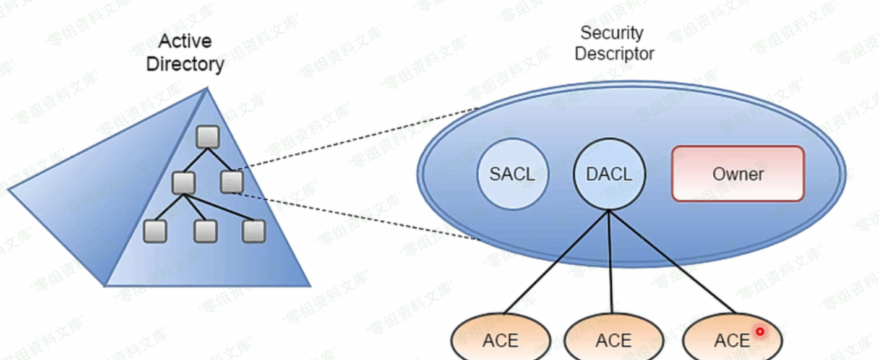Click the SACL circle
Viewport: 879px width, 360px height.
[x=513, y=174]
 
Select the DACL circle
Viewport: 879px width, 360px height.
[x=609, y=174]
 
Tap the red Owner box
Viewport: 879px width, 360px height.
[x=738, y=174]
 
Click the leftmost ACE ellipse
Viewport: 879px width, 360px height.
[x=500, y=340]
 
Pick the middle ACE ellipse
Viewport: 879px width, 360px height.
[x=613, y=340]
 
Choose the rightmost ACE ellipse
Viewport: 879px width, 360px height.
[x=732, y=340]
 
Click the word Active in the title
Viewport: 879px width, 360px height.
[x=185, y=41]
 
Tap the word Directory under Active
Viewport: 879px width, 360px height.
[x=185, y=63]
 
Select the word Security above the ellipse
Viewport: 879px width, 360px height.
[x=611, y=33]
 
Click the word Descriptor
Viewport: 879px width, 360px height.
[x=614, y=54]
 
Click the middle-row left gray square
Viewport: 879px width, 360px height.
[x=184, y=182]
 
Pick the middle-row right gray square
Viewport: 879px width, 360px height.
[x=231, y=181]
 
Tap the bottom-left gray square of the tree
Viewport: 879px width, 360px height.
[x=155, y=231]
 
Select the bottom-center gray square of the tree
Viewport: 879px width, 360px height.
[x=205, y=231]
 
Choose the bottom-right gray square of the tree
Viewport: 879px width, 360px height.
[x=254, y=231]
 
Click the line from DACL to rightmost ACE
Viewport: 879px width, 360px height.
[x=671, y=260]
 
